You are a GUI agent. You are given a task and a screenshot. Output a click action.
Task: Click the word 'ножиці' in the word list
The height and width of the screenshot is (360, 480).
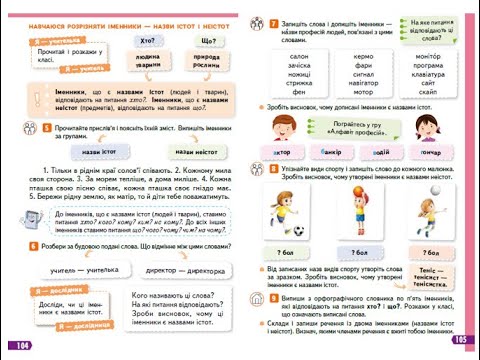coord(300,74)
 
